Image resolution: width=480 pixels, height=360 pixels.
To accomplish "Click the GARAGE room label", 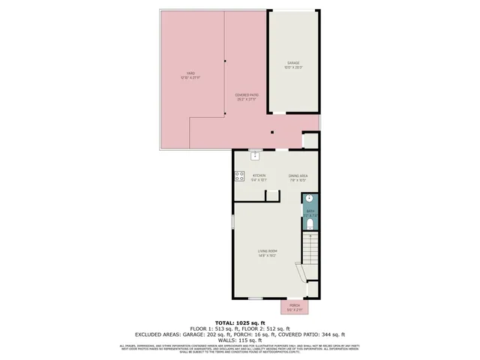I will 292,62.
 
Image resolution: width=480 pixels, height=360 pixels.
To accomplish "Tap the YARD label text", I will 181,72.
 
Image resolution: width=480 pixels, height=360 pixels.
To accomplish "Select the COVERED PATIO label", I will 247,95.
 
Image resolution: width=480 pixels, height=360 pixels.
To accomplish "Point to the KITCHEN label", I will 259,175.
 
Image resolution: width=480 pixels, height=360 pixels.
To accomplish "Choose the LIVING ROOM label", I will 268,250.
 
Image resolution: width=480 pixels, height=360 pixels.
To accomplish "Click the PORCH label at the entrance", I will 294,305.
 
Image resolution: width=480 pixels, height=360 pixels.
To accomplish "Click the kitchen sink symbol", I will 255,155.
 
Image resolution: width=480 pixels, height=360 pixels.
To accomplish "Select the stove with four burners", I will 239,177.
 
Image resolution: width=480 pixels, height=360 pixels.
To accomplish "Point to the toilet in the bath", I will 310,223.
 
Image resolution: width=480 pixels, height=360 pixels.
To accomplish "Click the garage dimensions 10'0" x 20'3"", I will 292,67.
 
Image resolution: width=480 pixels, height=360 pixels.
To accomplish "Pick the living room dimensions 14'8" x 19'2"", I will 268,256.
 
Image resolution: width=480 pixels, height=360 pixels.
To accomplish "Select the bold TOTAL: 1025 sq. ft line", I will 240,322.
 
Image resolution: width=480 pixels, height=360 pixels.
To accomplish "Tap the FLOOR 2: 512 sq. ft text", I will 274,328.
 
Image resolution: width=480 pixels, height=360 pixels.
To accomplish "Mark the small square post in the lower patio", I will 273,133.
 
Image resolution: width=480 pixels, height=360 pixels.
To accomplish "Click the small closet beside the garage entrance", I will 310,141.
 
